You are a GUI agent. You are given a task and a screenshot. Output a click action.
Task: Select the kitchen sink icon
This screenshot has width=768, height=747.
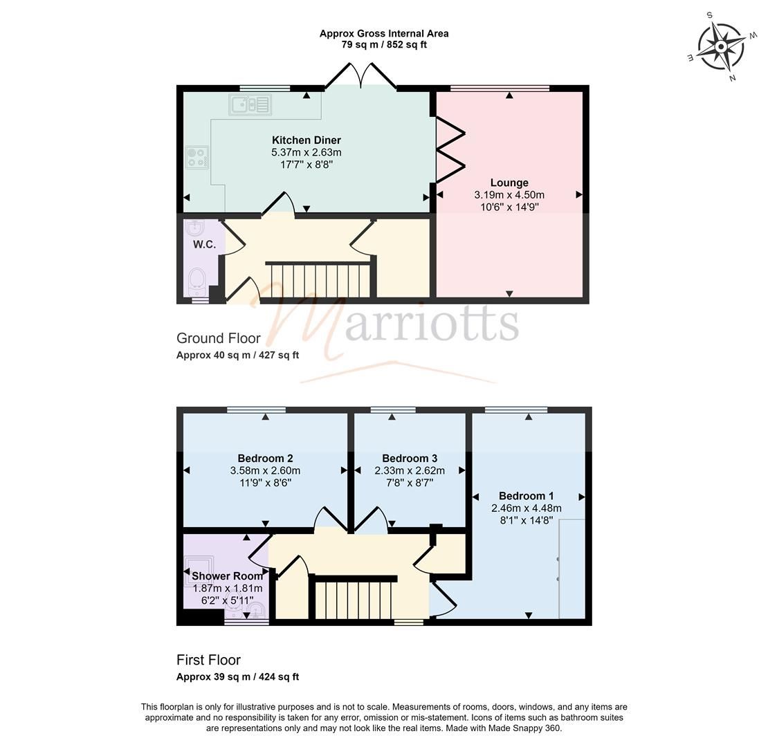coord(250,104)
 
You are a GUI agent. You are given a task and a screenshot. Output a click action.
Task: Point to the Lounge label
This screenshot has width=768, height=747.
coord(509,183)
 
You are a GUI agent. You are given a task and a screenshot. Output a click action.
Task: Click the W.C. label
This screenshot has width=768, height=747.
coord(204,244)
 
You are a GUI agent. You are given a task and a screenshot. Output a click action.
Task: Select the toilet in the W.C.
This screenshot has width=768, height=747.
coord(197,281)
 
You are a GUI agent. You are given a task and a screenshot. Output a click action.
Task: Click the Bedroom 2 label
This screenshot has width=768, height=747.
coord(265,459)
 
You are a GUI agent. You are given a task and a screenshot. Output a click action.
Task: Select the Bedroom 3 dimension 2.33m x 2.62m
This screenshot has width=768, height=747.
coord(410,471)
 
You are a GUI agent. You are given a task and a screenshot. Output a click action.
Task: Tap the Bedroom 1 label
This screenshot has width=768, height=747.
coord(526,496)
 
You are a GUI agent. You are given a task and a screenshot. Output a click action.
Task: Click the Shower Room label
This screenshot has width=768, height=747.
coord(227,576)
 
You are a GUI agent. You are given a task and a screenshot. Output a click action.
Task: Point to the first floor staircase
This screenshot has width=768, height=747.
coord(353,599)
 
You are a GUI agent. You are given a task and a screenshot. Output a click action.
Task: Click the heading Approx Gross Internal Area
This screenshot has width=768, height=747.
coord(384,33)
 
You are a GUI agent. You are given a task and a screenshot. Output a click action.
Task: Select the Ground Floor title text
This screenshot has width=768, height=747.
coord(219,338)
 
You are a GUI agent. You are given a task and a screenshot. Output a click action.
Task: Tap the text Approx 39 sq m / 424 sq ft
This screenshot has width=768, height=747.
coord(237,677)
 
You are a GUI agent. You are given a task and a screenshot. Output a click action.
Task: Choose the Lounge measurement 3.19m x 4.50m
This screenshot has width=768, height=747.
coord(509,195)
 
